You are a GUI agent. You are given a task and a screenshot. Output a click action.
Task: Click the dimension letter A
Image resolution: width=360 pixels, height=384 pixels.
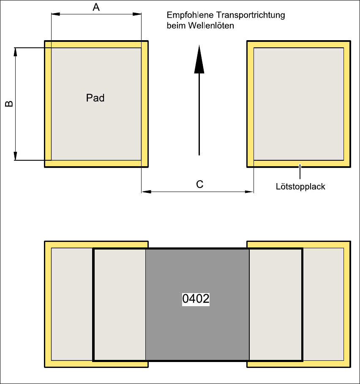(96, 7)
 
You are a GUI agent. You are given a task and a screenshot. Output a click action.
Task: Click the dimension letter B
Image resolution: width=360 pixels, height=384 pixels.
(9, 104)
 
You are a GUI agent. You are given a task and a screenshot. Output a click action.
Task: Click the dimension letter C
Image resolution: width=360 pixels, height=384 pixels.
(200, 184)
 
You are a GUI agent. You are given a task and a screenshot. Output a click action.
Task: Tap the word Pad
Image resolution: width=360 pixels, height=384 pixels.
(95, 98)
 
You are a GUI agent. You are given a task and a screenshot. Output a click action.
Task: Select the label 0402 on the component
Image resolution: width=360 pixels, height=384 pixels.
(196, 299)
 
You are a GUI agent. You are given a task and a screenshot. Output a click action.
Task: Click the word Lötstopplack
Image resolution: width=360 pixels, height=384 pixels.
(300, 186)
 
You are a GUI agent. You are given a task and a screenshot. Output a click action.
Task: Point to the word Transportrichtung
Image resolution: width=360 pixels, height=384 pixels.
(251, 16)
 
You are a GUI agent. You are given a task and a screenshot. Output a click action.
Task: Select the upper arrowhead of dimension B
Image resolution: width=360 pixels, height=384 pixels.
(16, 52)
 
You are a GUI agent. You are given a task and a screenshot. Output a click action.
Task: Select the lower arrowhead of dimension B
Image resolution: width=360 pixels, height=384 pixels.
(16, 156)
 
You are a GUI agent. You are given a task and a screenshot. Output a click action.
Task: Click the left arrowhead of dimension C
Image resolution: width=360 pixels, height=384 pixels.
(146, 192)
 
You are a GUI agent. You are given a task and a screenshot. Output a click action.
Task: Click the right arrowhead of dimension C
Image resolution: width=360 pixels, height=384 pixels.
(249, 192)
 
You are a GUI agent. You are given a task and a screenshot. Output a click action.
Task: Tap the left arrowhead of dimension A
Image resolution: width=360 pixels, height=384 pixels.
(55, 14)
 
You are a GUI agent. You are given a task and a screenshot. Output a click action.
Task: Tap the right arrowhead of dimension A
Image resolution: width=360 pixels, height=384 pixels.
(137, 14)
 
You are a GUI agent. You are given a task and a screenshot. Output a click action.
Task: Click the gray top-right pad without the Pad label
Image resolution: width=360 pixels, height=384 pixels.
(298, 104)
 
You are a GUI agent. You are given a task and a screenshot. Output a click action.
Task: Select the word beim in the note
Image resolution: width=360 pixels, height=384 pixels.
(175, 25)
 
